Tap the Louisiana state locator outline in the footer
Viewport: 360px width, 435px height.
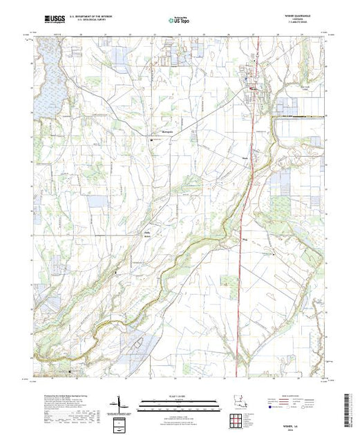tap(237, 403)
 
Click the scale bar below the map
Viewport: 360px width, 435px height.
tap(180, 403)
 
